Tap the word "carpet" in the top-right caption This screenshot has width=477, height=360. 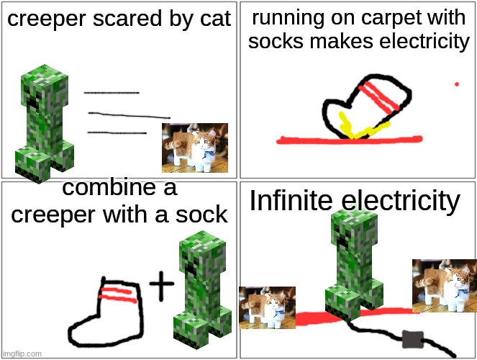(396, 17)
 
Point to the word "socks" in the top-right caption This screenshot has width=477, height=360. (276, 41)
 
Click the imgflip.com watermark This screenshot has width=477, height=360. (22, 354)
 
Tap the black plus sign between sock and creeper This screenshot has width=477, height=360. (162, 285)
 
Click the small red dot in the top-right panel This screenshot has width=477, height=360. (457, 84)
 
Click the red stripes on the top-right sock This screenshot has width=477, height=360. (378, 96)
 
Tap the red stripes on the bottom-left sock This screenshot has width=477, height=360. (117, 295)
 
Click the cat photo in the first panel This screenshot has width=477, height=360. (195, 148)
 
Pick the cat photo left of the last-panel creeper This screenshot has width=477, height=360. (267, 307)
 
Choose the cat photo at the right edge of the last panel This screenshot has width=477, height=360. (445, 286)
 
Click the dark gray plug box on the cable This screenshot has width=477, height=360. (413, 340)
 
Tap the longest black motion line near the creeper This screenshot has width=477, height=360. (130, 115)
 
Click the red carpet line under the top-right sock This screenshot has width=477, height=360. (350, 140)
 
